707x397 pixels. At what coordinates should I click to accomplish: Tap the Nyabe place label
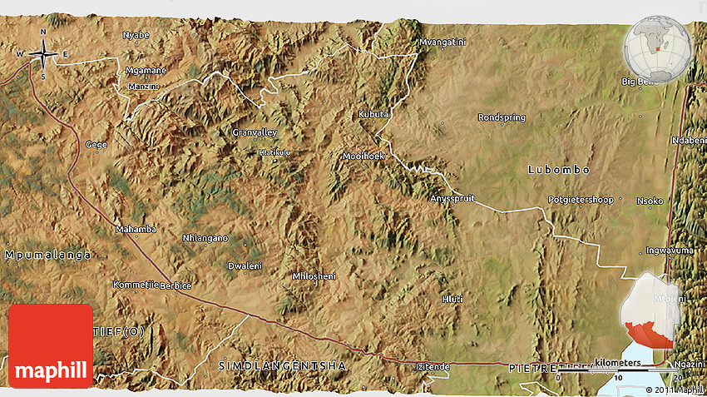pos(136,35)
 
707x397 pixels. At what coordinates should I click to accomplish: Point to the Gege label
pos(96,144)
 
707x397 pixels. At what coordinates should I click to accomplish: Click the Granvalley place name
pos(255,132)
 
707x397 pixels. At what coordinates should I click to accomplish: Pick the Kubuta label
pos(373,114)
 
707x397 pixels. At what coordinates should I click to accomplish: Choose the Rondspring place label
pos(502,118)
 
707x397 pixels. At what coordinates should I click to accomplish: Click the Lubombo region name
pos(559,170)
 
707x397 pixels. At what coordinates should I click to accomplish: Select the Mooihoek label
pos(363,156)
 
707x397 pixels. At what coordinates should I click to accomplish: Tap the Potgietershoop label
pos(581,200)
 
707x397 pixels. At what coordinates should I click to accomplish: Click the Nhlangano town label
pos(205,238)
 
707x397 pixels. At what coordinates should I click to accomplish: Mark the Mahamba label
pos(136,229)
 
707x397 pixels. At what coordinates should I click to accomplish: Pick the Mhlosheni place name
pos(314,275)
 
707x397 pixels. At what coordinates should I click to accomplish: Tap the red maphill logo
pos(51,345)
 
